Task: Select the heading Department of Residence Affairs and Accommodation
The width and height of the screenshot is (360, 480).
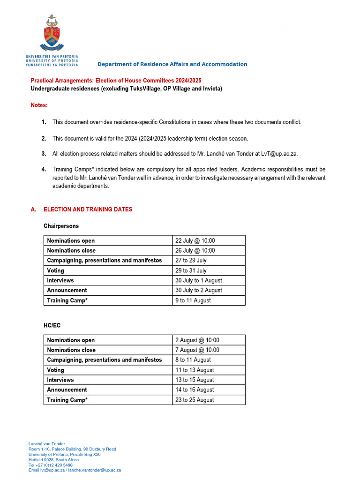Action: [172, 64]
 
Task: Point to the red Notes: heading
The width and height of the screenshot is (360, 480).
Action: [39, 105]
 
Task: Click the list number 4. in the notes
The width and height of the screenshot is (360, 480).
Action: [44, 169]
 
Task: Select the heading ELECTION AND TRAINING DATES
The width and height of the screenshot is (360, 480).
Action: [88, 210]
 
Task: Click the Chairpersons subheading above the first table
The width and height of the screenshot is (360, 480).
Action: [61, 226]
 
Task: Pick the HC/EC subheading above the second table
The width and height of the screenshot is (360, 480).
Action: [52, 325]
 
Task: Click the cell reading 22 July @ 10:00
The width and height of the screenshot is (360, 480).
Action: [195, 240]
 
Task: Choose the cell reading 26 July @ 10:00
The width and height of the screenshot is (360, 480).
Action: [195, 250]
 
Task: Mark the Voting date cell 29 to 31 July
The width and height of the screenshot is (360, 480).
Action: [191, 270]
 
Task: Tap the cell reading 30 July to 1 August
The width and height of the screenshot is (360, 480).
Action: [199, 280]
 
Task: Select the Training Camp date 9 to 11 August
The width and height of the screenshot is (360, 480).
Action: [193, 300]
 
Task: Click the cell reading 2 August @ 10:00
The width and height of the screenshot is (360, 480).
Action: [197, 340]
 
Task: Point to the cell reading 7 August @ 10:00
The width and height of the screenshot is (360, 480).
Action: [197, 350]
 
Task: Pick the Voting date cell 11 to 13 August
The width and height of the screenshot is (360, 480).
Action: [195, 370]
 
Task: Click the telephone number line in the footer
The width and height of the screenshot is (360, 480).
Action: [51, 465]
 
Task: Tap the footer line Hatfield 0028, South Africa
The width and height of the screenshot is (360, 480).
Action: [53, 460]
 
